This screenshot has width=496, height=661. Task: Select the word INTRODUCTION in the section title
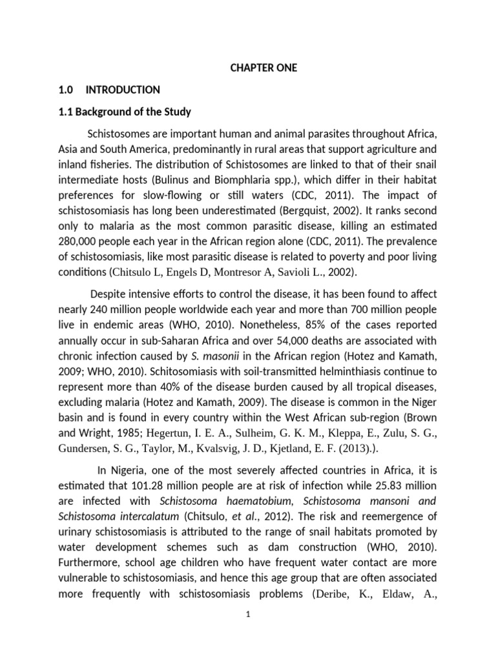tap(123, 90)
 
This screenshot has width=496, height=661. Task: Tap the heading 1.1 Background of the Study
tap(125, 112)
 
